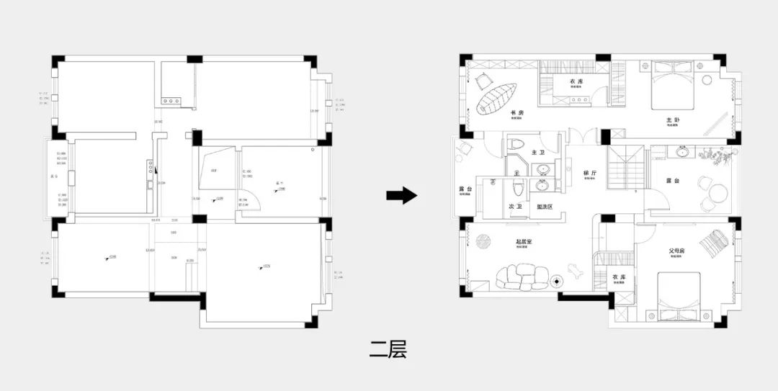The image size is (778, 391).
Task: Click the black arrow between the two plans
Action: (x=401, y=195)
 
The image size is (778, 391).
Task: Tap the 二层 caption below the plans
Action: (x=388, y=350)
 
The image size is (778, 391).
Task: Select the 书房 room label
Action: (x=516, y=113)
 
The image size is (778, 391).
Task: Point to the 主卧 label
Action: (x=673, y=120)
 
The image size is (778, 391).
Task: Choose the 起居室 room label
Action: (x=524, y=243)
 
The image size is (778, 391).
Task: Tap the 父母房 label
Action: (x=676, y=251)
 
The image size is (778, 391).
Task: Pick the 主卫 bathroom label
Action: (x=538, y=153)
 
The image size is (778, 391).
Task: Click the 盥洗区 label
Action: (x=545, y=207)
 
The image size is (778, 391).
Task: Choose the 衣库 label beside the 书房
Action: (x=576, y=82)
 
